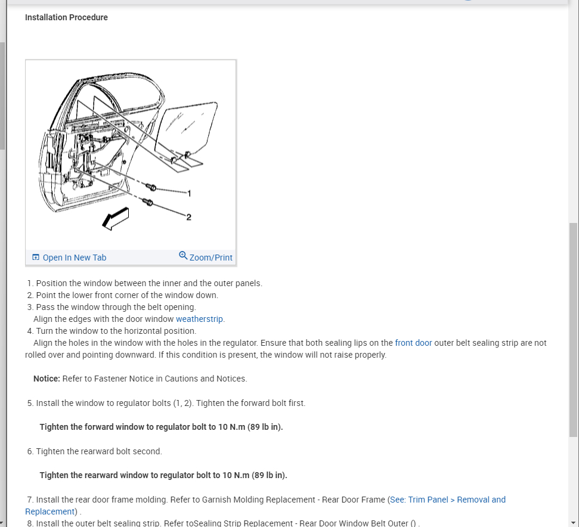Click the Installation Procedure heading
[66, 17]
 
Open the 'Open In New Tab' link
[75, 258]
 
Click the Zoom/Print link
[211, 258]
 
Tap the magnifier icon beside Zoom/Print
[183, 256]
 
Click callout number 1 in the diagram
[189, 193]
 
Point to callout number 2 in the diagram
[189, 216]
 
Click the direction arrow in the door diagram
[115, 218]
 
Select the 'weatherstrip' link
[199, 319]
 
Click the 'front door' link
[413, 343]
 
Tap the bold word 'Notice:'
[47, 379]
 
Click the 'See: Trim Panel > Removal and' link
[448, 500]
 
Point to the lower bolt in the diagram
[149, 203]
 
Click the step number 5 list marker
[30, 403]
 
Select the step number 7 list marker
[30, 500]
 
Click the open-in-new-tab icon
[36, 258]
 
